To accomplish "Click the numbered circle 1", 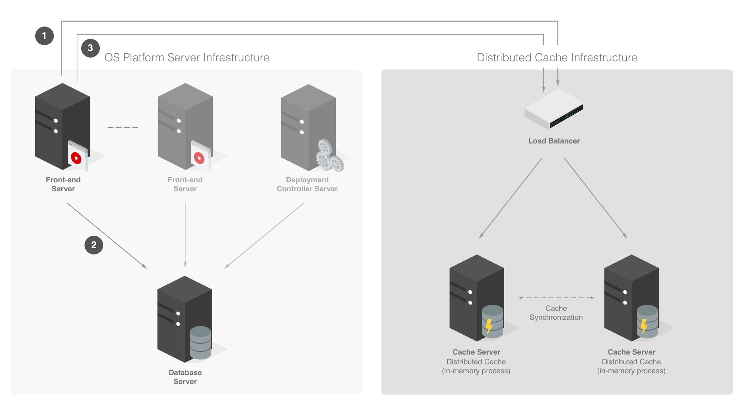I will [45, 36].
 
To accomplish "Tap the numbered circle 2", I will [94, 245].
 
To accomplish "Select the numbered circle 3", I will [90, 48].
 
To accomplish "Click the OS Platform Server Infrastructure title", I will [187, 57].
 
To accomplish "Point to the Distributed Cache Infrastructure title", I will [557, 57].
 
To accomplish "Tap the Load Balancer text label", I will [554, 141].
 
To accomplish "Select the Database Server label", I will [185, 377].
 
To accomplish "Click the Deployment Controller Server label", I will [307, 184].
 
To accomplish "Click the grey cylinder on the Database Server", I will [200, 342].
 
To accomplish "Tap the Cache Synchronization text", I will [556, 313].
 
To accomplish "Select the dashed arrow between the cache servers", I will [556, 298].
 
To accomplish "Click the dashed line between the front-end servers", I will [123, 127].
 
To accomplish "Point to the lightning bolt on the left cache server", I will [489, 326].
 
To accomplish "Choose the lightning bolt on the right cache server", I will [644, 326].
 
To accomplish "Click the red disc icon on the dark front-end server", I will [76, 158].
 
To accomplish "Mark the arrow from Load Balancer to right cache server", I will [595, 198].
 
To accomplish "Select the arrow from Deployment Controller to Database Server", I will [264, 235].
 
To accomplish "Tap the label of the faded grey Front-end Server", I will [185, 184].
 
